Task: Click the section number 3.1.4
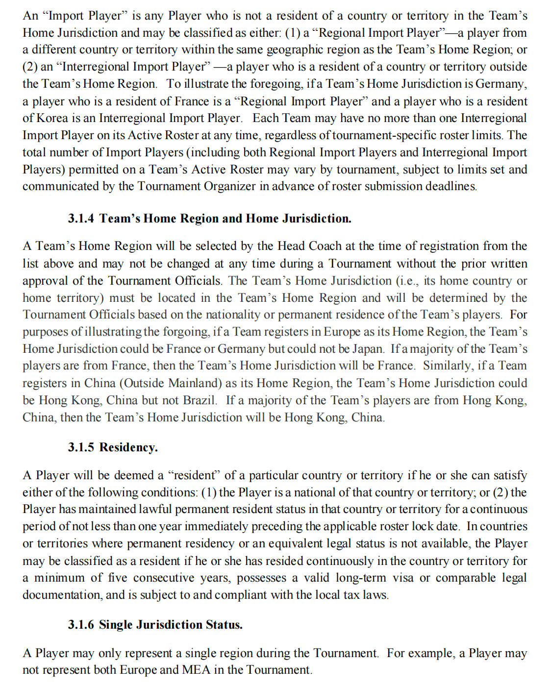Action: click(x=81, y=219)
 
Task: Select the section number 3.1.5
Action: click(x=81, y=447)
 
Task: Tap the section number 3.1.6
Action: click(x=81, y=625)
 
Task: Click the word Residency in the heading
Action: click(x=128, y=447)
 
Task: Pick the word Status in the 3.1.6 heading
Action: click(x=224, y=625)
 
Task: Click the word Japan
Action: click(x=368, y=349)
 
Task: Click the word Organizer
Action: click(x=230, y=186)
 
